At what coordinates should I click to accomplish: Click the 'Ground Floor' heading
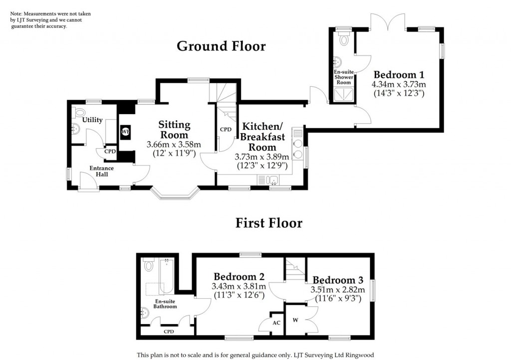click(x=221, y=46)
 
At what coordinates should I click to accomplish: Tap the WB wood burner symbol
click(x=125, y=132)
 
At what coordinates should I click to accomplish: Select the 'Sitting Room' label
click(x=174, y=129)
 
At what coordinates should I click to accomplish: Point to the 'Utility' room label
click(x=92, y=120)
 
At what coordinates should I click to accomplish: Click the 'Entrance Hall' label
click(x=101, y=171)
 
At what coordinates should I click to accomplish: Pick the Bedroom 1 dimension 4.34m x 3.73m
click(x=398, y=84)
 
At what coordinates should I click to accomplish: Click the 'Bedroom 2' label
click(x=239, y=276)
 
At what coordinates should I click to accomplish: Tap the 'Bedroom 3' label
click(x=338, y=279)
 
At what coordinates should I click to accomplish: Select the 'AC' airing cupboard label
click(x=276, y=323)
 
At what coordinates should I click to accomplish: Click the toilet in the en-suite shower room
click(x=343, y=40)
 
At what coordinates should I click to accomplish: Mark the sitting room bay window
click(x=176, y=193)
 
